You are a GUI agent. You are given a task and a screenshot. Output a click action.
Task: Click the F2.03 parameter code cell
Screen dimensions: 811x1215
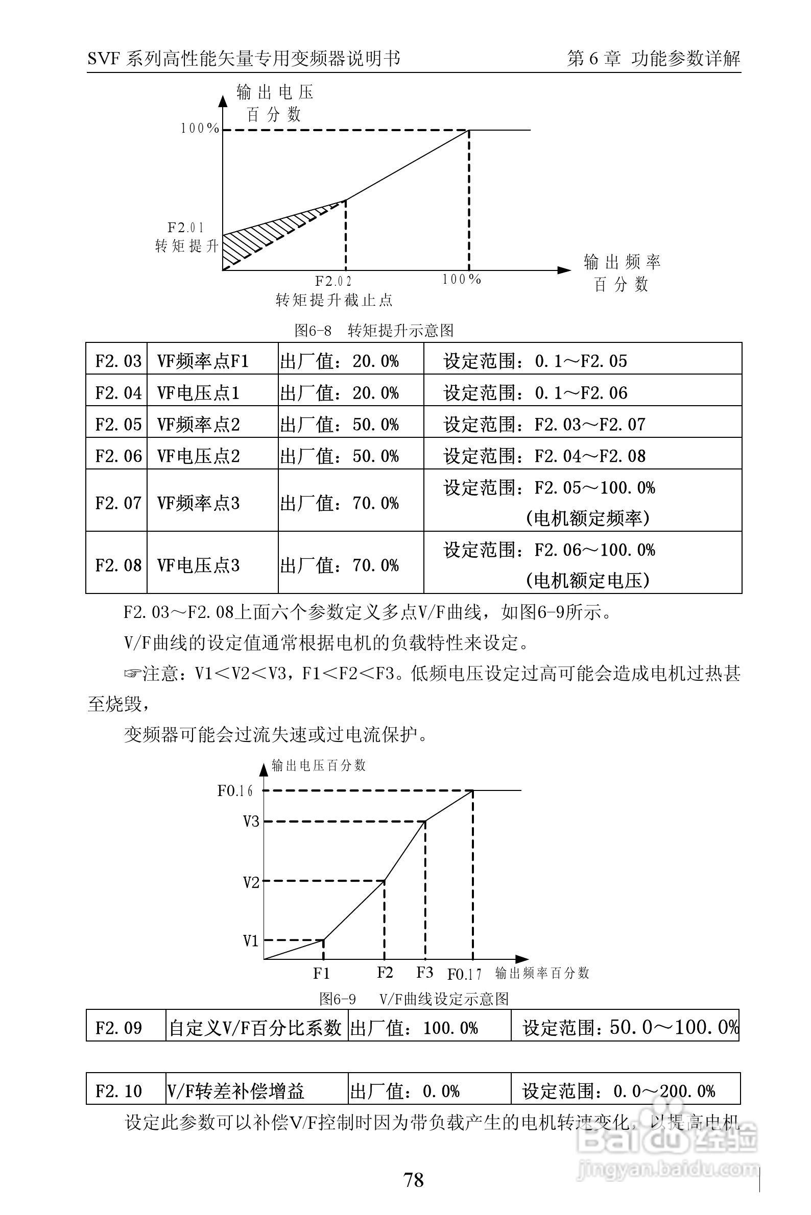pyautogui.click(x=117, y=360)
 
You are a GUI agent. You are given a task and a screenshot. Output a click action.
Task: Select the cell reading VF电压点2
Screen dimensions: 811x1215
pyautogui.click(x=199, y=456)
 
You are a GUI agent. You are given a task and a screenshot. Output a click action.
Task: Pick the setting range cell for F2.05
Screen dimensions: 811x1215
pyautogui.click(x=582, y=424)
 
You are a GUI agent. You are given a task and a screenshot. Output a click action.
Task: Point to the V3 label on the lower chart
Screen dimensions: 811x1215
pyautogui.click(x=251, y=821)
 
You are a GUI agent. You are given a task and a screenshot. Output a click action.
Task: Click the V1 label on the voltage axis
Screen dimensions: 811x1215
pyautogui.click(x=251, y=940)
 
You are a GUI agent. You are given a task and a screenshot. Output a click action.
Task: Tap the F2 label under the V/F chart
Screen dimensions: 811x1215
pyautogui.click(x=384, y=973)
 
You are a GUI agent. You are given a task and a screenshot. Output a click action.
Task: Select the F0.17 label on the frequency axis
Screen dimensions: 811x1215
pyautogui.click(x=464, y=975)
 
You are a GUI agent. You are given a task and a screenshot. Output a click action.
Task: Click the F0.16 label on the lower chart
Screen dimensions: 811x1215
pyautogui.click(x=235, y=791)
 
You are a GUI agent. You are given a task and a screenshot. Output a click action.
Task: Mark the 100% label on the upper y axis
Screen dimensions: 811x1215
pyautogui.click(x=200, y=129)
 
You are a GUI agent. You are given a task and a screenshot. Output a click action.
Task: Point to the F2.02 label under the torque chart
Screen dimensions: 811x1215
pyautogui.click(x=333, y=282)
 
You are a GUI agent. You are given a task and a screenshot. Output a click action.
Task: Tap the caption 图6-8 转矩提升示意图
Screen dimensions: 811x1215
pyautogui.click(x=373, y=331)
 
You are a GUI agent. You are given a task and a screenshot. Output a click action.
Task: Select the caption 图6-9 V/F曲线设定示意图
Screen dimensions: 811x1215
pyautogui.click(x=414, y=999)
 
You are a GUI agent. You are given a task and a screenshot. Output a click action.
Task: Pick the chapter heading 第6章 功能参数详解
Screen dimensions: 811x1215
pyautogui.click(x=653, y=58)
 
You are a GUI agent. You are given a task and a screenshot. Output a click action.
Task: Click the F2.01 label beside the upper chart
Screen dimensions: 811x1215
pyautogui.click(x=186, y=228)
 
